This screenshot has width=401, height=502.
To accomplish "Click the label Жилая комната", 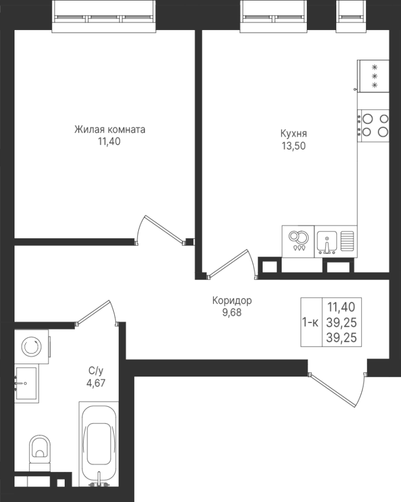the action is coord(110,129).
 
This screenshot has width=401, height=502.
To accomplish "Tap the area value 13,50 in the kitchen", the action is coord(293,146).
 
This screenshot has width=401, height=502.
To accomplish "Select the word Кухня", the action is coord(293,133).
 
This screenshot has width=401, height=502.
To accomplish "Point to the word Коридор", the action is coord(232,301).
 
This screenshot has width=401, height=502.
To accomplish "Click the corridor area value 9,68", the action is coord(232,312).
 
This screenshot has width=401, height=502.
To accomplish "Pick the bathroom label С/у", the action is coord(96,371).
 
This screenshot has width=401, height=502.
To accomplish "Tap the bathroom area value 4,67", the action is coord(96,383).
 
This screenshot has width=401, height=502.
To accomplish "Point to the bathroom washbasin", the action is coord(26,384).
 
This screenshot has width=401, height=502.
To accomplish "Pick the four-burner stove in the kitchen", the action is coord(373,125).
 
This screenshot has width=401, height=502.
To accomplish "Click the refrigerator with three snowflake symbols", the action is coord(373,76).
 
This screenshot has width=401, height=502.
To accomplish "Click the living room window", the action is coord(104,16).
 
